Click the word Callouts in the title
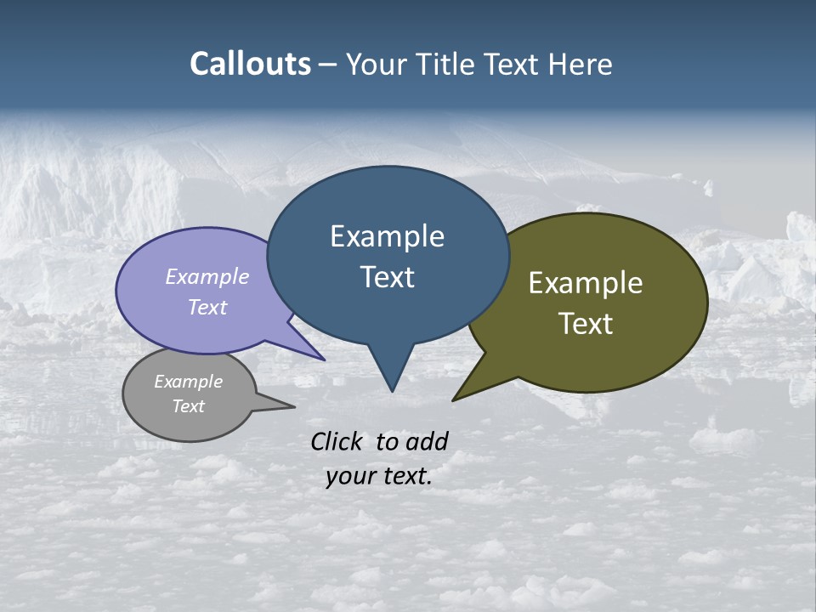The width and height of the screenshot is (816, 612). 250,64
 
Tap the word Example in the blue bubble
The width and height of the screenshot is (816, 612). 387,236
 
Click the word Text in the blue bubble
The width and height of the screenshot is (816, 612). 387,277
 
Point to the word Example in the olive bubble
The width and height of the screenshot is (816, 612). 586,283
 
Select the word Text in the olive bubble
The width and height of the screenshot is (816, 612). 586,324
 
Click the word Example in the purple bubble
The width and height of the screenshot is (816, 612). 207,277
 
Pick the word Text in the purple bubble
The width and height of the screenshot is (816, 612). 207,307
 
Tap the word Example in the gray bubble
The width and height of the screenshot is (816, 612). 188,382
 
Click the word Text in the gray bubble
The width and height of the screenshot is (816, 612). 188,406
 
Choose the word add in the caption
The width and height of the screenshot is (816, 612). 427,441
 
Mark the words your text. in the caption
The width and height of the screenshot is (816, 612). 378,476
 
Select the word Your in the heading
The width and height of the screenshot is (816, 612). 374,64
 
